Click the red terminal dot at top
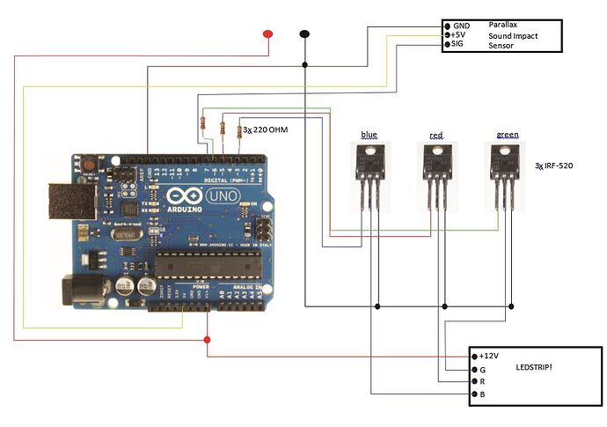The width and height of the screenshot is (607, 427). pos(267,34)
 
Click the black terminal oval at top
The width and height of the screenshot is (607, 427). pos(304,34)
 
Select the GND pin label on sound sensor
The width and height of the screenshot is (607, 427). pos(463,26)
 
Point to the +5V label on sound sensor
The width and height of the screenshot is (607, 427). pos(462,35)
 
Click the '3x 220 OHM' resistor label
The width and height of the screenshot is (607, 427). pos(266,129)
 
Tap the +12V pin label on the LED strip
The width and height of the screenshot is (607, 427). pos(488,355)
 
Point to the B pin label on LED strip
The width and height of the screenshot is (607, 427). pos(481,395)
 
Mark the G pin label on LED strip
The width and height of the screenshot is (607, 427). pos(481,370)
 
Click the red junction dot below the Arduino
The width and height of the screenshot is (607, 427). pos(208,340)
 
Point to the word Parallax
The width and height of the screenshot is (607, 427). pos(505,26)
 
